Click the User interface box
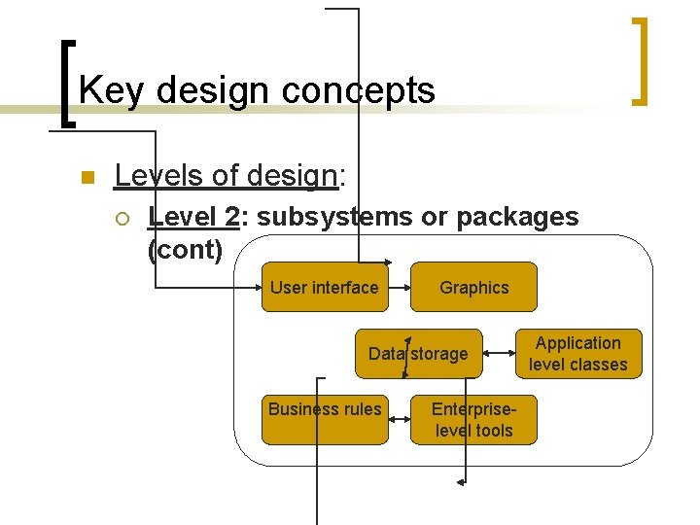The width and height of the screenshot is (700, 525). tap(325, 287)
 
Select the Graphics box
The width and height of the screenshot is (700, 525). tap(473, 287)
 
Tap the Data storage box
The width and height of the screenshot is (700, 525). tap(418, 354)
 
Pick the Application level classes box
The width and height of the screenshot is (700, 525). tap(578, 354)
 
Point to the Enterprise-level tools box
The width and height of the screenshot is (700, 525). tap(473, 419)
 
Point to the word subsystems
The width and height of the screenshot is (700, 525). tap(334, 217)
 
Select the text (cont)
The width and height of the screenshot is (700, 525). tap(185, 250)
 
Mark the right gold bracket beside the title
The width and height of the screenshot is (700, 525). tap(640, 60)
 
